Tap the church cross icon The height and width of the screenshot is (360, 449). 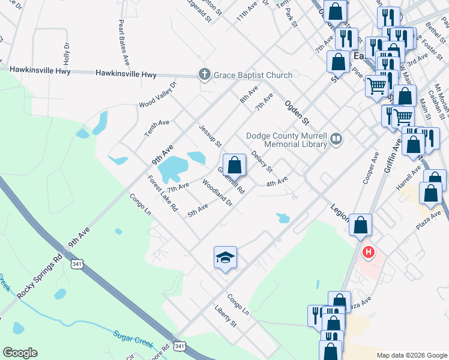(204, 75)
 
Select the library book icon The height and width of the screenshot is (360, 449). (336, 139)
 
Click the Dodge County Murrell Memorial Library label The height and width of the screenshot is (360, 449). (287, 139)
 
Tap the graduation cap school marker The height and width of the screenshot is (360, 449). (226, 258)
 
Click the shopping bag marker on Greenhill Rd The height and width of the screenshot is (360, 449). (234, 164)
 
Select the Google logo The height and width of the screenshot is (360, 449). (20, 353)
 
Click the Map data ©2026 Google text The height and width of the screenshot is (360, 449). (412, 355)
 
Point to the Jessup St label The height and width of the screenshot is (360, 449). (210, 136)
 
